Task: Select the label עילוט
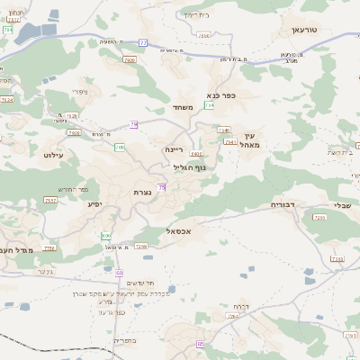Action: [54, 156]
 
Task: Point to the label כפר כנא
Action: [220, 94]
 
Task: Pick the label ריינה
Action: [174, 149]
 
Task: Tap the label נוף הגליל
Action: [190, 166]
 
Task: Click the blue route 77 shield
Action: [143, 41]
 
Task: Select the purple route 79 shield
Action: [133, 124]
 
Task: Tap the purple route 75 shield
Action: [162, 186]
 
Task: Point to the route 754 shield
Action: [210, 105]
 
